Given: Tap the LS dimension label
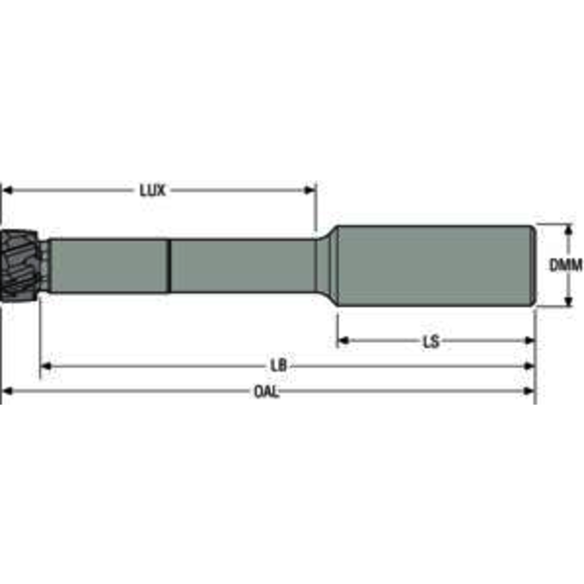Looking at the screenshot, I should [x=431, y=341].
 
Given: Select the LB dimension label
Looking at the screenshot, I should [x=283, y=367].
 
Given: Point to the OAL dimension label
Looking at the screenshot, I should [x=266, y=392].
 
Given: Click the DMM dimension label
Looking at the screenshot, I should [x=565, y=266].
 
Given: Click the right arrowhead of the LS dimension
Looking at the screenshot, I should [x=528, y=341].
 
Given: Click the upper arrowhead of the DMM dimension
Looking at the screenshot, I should [x=568, y=230].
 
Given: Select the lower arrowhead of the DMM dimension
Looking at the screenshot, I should [x=568, y=303].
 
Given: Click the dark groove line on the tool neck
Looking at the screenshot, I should [x=169, y=266].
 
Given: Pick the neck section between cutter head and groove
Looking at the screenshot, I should [x=105, y=266].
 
